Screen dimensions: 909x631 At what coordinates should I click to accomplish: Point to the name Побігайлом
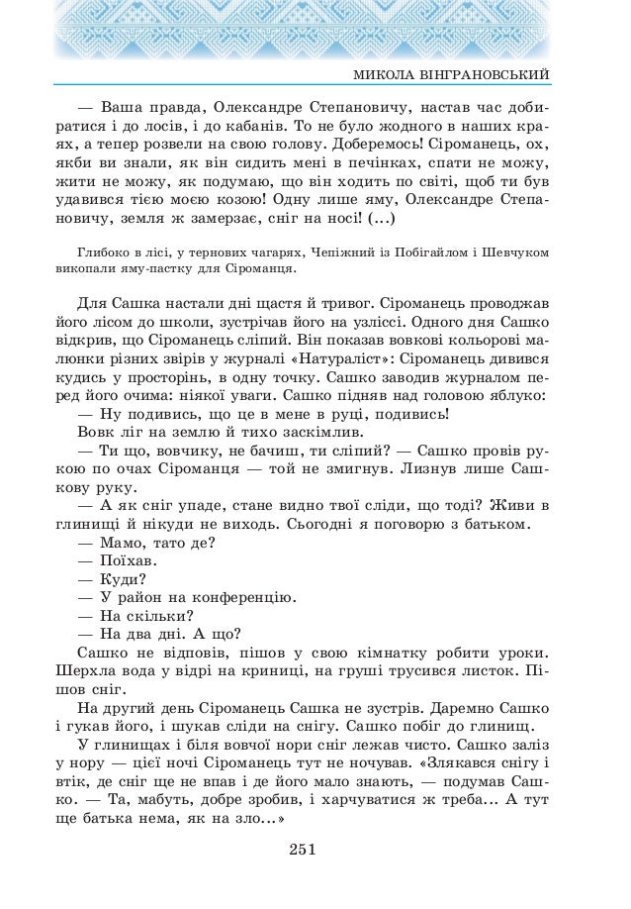430,252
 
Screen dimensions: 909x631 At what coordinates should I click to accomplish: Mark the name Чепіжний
342,252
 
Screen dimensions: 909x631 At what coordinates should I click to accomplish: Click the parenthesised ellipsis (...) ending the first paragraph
380,218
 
